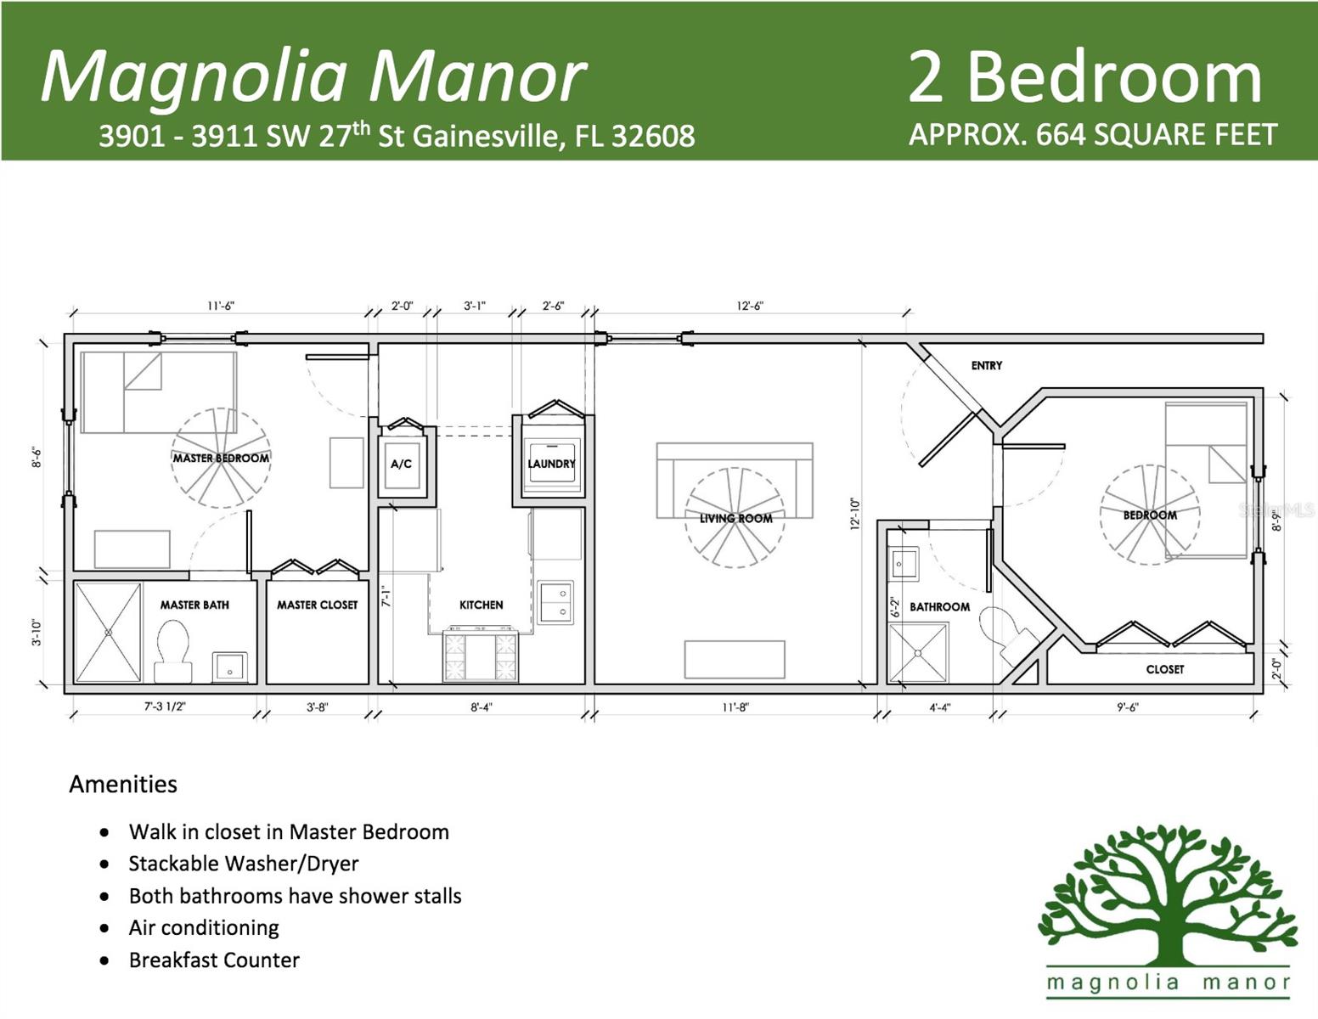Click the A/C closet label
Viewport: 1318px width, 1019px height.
[x=401, y=464]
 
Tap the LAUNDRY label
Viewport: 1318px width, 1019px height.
[x=551, y=464]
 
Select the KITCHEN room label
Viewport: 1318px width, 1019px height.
[x=481, y=605]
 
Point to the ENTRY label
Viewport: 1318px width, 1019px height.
[x=986, y=365]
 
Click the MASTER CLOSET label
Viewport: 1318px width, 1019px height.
[x=318, y=605]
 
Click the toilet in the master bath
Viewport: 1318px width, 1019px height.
[x=173, y=651]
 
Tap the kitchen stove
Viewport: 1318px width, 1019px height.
[x=481, y=656]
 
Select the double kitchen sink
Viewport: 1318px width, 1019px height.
[x=555, y=603]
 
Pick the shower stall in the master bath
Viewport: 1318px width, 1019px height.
[x=108, y=633]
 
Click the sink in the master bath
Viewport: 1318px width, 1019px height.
[x=230, y=667]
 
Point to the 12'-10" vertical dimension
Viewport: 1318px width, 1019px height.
[x=854, y=514]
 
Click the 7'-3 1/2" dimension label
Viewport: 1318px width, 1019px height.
[x=165, y=707]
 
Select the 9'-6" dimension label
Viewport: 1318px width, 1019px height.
[x=1128, y=707]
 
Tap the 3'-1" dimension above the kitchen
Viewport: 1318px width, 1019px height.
[x=475, y=306]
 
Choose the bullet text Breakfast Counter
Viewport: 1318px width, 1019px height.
[x=214, y=960]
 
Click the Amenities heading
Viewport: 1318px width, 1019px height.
[x=123, y=784]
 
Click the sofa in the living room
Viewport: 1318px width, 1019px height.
[x=735, y=480]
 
